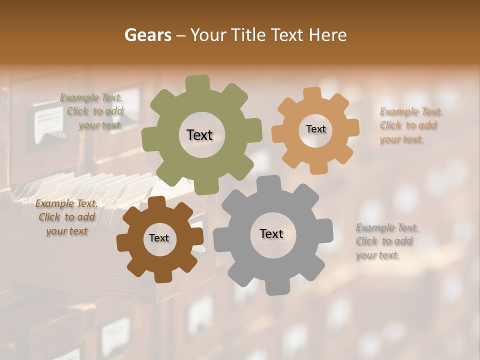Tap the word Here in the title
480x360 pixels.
327,35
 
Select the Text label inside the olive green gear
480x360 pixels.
199,135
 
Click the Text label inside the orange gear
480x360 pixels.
315,129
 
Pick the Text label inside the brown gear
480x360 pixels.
159,238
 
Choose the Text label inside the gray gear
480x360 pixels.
271,233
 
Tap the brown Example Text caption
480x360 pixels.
66,217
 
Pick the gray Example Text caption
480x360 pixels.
387,241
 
